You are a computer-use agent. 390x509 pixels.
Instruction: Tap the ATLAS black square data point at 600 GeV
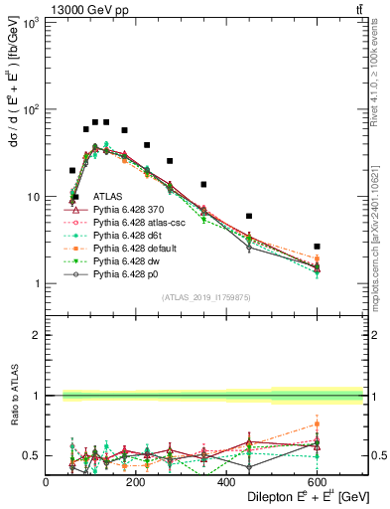(x=317, y=246)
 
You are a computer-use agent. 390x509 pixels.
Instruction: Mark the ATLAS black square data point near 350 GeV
(x=203, y=184)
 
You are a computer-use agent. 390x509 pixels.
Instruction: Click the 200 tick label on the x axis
(x=136, y=482)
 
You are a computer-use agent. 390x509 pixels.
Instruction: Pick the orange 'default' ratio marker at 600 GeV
(x=317, y=424)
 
